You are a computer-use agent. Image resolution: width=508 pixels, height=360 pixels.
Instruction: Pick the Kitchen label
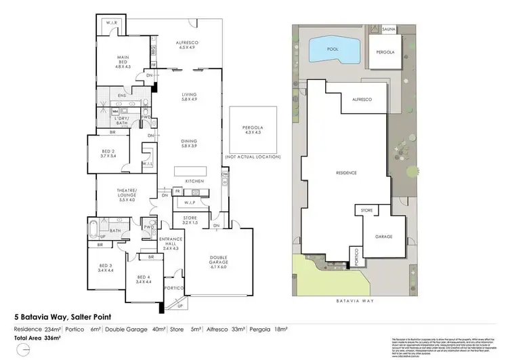point(195,182)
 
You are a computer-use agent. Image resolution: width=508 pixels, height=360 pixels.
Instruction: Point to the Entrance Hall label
point(167,243)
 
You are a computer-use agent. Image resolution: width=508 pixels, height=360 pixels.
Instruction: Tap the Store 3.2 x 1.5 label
point(189,220)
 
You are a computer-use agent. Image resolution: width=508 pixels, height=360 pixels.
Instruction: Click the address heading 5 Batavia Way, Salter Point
point(63,316)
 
